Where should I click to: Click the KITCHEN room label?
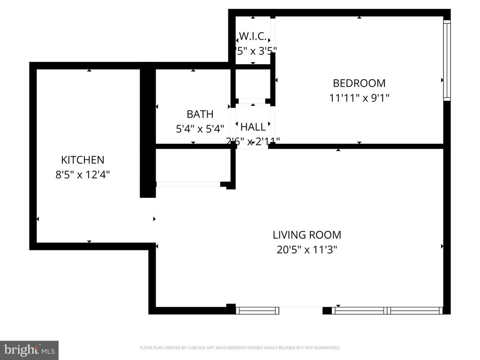pyautogui.click(x=82, y=160)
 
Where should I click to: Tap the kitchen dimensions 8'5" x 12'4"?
pyautogui.click(x=82, y=175)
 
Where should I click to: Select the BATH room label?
pyautogui.click(x=200, y=114)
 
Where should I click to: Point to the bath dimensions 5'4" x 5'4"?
pyautogui.click(x=200, y=128)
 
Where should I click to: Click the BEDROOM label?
pyautogui.click(x=359, y=83)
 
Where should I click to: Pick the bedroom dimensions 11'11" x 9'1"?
pyautogui.click(x=359, y=98)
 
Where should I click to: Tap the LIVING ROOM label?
pyautogui.click(x=307, y=235)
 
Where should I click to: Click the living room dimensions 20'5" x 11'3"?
pyautogui.click(x=307, y=250)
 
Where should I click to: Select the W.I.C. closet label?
pyautogui.click(x=253, y=36)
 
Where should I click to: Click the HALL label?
pyautogui.click(x=253, y=127)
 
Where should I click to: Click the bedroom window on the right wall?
pyautogui.click(x=447, y=60)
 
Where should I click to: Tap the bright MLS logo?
pyautogui.click(x=29, y=350)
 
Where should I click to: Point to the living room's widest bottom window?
pyautogui.click(x=387, y=310)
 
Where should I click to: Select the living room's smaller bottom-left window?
pyautogui.click(x=257, y=310)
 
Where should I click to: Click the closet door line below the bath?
pyautogui.click(x=188, y=184)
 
